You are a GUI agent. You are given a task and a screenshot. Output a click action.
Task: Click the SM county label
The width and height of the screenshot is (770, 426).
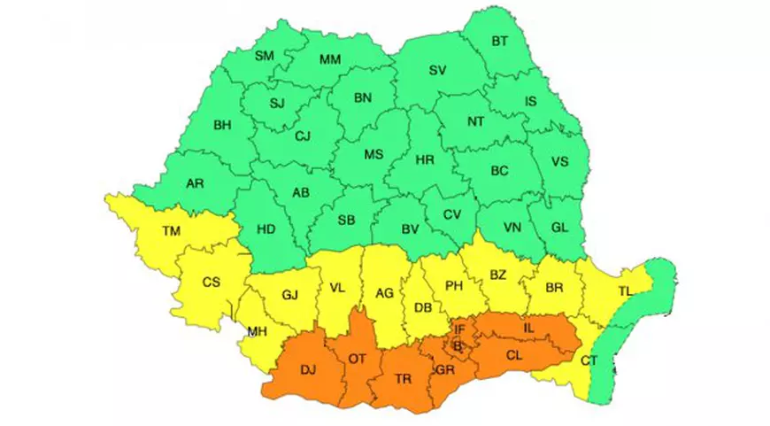[x=265, y=56]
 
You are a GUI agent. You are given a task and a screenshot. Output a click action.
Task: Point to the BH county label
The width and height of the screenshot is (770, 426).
[x=222, y=125]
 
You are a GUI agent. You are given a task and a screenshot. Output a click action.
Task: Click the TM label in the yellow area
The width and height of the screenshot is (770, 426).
[x=172, y=232]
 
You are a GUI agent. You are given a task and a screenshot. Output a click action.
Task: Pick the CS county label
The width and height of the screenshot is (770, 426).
[x=211, y=283]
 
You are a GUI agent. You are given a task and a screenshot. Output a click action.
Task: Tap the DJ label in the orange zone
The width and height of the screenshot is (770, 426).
[x=310, y=370]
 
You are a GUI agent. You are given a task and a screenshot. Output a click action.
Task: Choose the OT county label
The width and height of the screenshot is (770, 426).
[x=358, y=360]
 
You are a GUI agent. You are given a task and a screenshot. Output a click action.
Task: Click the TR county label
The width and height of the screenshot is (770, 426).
[x=404, y=378]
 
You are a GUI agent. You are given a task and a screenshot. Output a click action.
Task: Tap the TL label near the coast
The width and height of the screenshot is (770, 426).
[x=625, y=290]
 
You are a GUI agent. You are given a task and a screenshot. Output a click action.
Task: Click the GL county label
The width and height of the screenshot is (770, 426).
[x=559, y=227]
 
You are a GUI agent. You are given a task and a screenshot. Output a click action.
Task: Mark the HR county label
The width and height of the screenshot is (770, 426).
[x=425, y=160]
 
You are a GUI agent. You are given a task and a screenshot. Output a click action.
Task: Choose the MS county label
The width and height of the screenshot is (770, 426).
[x=374, y=155]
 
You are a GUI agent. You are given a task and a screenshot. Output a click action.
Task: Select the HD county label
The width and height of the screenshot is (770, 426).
[x=266, y=229]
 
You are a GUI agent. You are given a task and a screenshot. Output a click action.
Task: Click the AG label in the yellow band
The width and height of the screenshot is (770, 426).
[x=384, y=292]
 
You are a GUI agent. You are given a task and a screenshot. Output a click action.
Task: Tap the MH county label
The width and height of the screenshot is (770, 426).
[x=258, y=332]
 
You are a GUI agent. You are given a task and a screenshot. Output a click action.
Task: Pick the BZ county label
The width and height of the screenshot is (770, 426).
[x=497, y=275]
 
